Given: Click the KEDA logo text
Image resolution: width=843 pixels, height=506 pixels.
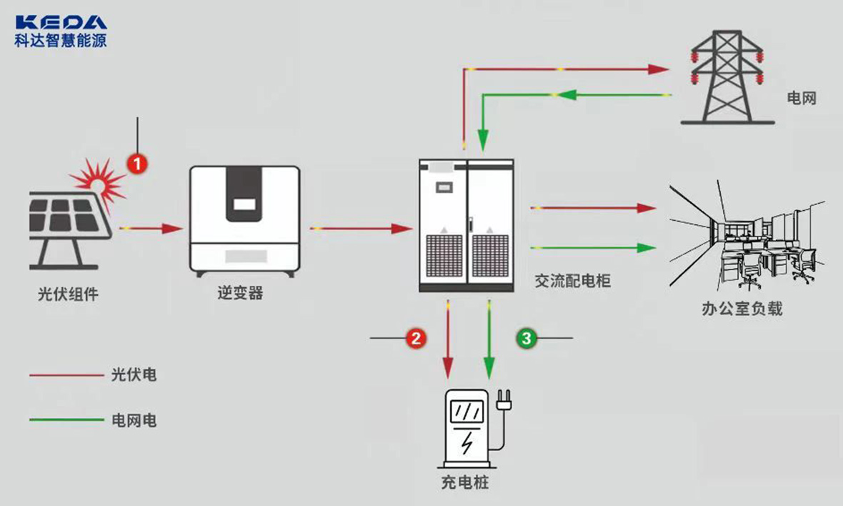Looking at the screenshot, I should click(60, 22).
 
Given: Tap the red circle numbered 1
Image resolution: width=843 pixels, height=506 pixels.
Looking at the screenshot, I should click(137, 163).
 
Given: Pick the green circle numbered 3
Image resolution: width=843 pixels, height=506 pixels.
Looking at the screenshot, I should click(527, 337).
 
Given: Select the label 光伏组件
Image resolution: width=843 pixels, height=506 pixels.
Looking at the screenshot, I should click(68, 294).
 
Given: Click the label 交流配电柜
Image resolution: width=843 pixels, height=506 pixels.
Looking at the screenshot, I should click(573, 281).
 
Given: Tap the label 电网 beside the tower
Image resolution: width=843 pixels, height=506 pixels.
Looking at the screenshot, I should click(801, 98).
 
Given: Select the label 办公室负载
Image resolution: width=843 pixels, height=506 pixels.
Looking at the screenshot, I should click(742, 309).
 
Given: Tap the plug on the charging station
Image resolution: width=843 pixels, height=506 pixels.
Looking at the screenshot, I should click(504, 400).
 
